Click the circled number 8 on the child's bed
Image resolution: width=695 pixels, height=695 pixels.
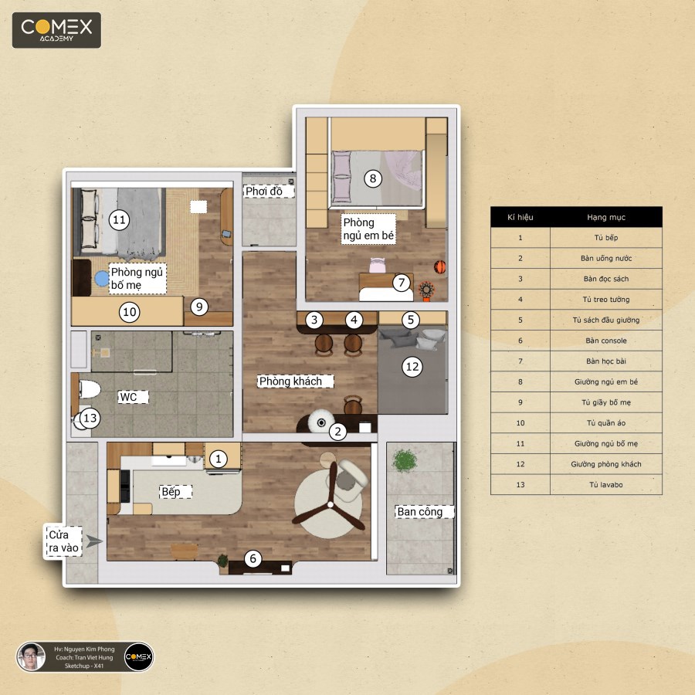373,178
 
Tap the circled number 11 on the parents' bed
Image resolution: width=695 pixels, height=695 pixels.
119,219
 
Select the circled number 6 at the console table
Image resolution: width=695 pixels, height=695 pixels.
253,558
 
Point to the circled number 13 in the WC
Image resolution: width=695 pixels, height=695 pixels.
90,418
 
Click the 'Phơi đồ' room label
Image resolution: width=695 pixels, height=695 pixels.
264,191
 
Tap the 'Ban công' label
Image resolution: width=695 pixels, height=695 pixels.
420,512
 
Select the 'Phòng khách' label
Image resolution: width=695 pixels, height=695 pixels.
291,381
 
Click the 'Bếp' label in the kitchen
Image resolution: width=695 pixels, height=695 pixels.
171,492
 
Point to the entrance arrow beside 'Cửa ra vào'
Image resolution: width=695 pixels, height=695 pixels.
94,541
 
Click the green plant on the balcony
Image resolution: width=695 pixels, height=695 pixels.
404,460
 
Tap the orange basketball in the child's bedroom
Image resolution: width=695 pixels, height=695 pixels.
439,267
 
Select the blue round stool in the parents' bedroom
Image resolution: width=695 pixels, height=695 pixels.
101,278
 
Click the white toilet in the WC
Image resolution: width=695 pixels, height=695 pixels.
90,389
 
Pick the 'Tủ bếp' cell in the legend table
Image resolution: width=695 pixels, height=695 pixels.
606,238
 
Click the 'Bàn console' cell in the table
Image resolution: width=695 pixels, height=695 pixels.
606,341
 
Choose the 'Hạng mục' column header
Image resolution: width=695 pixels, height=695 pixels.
606,217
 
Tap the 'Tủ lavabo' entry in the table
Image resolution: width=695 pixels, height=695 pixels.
606,484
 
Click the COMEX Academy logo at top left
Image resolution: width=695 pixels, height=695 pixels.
56,30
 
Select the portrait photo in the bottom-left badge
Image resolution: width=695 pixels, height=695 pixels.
31,656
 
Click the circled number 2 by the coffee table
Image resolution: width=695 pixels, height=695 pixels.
337,431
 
